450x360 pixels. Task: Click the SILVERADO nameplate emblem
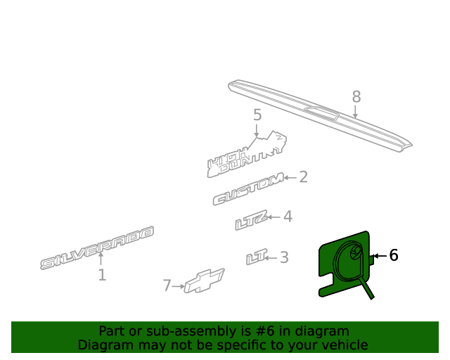point(97,247)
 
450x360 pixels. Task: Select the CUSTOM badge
point(248,189)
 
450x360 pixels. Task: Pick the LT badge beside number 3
point(257,257)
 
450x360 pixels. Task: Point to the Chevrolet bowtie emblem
point(205,281)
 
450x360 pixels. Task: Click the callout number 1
point(102,275)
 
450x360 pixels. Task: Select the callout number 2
point(303,177)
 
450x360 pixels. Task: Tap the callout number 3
point(284,257)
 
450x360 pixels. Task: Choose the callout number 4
point(288,217)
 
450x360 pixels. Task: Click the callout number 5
point(257,115)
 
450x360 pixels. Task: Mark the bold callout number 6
point(394,255)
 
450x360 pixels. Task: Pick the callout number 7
point(167,285)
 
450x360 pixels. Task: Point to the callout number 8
point(356,97)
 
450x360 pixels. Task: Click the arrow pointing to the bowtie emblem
point(178,286)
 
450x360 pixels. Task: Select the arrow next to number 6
point(380,255)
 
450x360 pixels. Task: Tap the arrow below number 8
point(355,112)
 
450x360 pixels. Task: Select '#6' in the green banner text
point(264,331)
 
